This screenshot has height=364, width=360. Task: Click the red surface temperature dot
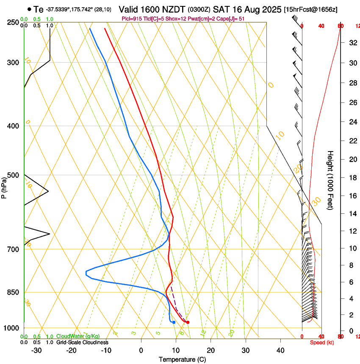tap(188, 323)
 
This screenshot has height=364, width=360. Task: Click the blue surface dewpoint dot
tap(174, 323)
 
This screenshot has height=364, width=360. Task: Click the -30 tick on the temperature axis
tap(36, 350)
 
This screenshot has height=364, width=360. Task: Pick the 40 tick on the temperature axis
tap(280, 350)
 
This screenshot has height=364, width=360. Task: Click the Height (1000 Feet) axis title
tap(331, 180)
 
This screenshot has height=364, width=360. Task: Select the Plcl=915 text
tap(131, 19)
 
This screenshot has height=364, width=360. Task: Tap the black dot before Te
tap(29, 9)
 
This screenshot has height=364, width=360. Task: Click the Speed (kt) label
tap(322, 342)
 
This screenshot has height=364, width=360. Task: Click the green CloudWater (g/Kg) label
tap(78, 336)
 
